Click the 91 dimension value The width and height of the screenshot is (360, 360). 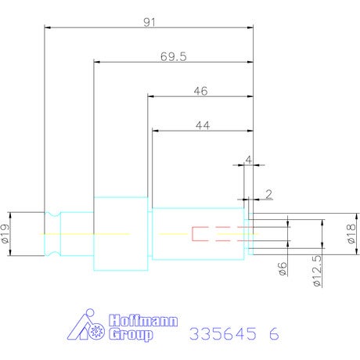click(x=149, y=23)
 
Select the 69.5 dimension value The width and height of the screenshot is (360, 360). click(x=174, y=56)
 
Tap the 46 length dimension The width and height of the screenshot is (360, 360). click(x=200, y=91)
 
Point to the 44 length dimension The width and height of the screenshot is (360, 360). click(x=203, y=125)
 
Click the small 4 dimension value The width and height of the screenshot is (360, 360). click(x=249, y=160)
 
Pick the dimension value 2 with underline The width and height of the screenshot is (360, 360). click(x=268, y=194)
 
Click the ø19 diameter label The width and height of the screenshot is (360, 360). click(x=5, y=233)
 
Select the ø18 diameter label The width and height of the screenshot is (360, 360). click(x=351, y=234)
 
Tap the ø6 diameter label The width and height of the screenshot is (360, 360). click(x=283, y=269)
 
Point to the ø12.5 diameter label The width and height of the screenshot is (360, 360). click(x=317, y=271)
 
